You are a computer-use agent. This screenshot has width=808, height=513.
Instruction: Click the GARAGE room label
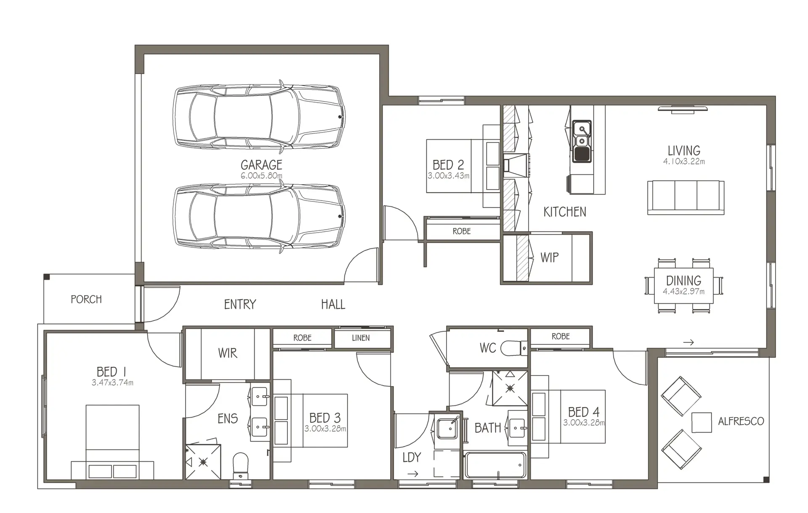click(261, 165)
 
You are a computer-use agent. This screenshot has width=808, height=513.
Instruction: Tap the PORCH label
click(86, 299)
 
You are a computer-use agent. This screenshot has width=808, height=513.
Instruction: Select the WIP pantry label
click(550, 257)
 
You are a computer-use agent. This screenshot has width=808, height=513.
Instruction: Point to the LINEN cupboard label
click(361, 338)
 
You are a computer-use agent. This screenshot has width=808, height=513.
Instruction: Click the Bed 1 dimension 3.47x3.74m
click(112, 383)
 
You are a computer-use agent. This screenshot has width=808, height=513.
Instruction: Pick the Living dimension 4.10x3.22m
click(684, 161)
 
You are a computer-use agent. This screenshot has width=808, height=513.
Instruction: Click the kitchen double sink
click(582, 141)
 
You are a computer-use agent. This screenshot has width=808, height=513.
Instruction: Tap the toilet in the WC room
click(514, 347)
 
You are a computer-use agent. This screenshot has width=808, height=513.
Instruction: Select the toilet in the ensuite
click(241, 465)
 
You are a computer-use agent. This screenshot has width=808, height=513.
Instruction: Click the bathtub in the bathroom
click(495, 465)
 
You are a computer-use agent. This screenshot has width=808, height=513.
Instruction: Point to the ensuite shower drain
click(204, 462)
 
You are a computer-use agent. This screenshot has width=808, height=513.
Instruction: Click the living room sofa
click(686, 198)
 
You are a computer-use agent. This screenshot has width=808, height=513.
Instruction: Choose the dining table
click(684, 286)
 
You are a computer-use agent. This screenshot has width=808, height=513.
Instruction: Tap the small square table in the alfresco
click(702, 422)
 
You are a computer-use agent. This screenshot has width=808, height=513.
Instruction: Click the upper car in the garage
click(259, 116)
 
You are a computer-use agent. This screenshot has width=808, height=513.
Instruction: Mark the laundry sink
click(447, 428)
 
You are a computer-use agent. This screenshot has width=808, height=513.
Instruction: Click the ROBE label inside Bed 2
click(462, 231)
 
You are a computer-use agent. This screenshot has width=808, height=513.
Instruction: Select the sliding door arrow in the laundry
click(413, 474)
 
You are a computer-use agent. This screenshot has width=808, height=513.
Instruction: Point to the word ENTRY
click(240, 304)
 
